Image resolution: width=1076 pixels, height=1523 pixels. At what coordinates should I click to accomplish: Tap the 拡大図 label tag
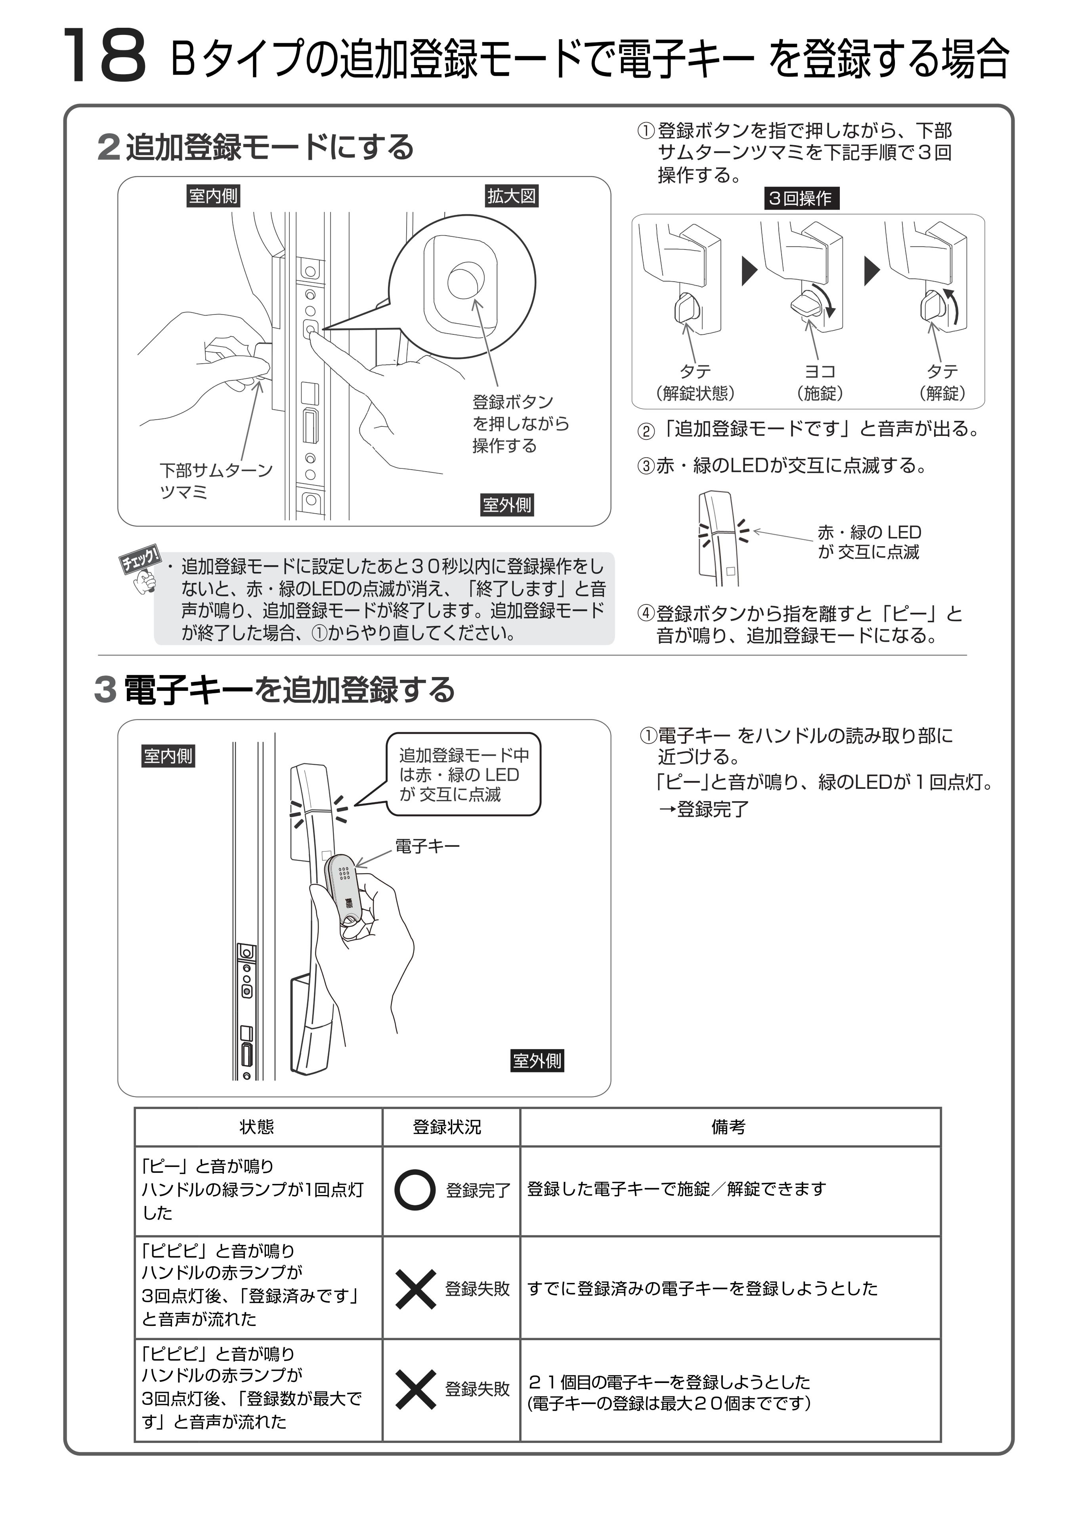[511, 196]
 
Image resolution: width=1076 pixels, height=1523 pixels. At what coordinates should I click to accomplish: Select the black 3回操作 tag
[801, 198]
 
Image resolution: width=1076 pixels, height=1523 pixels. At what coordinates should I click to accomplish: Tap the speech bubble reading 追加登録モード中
[463, 774]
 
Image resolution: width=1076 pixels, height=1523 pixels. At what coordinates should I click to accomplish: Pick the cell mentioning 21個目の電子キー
[729, 1392]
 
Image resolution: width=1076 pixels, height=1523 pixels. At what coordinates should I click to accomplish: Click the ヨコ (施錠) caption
[820, 383]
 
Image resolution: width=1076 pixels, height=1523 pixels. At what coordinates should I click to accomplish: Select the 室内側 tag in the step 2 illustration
[213, 196]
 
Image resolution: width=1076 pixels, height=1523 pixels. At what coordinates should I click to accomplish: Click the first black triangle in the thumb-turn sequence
[749, 270]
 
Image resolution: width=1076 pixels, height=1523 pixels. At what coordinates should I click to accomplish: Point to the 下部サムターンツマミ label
[216, 481]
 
